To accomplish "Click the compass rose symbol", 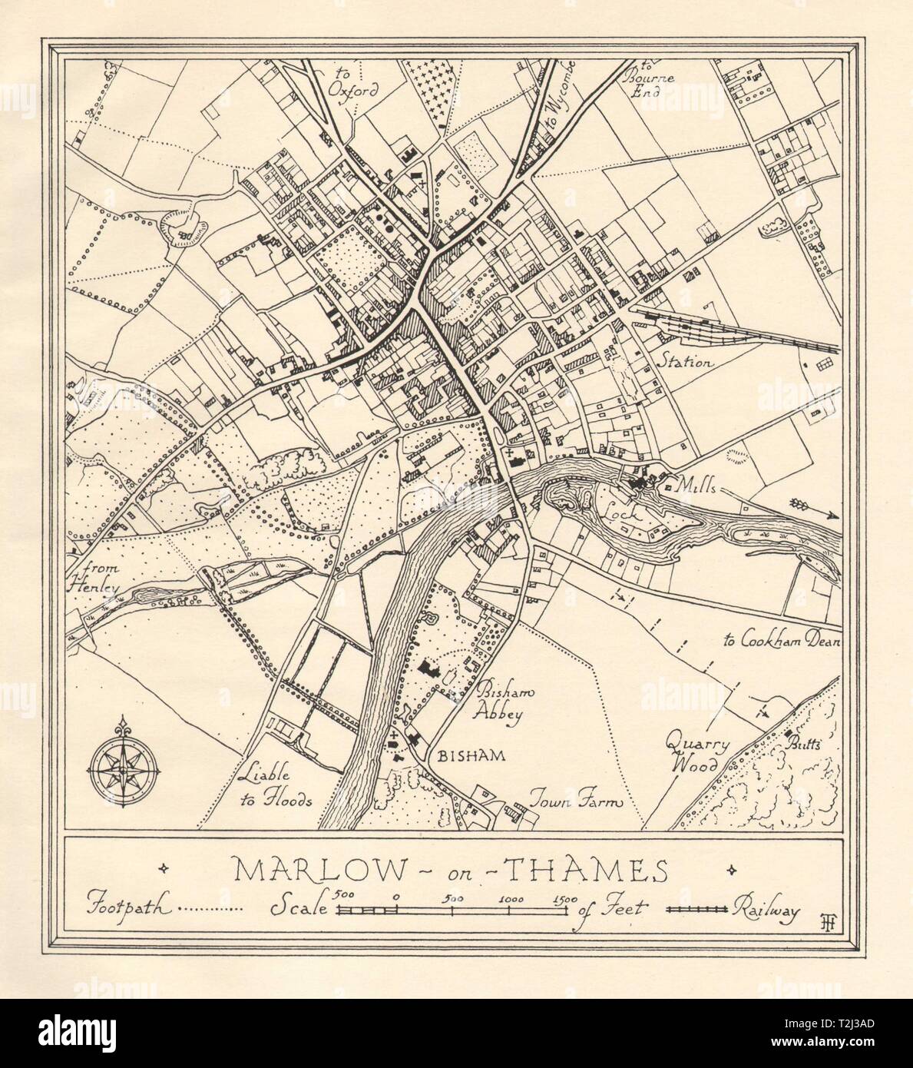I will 124,768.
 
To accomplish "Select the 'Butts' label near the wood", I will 803,744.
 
